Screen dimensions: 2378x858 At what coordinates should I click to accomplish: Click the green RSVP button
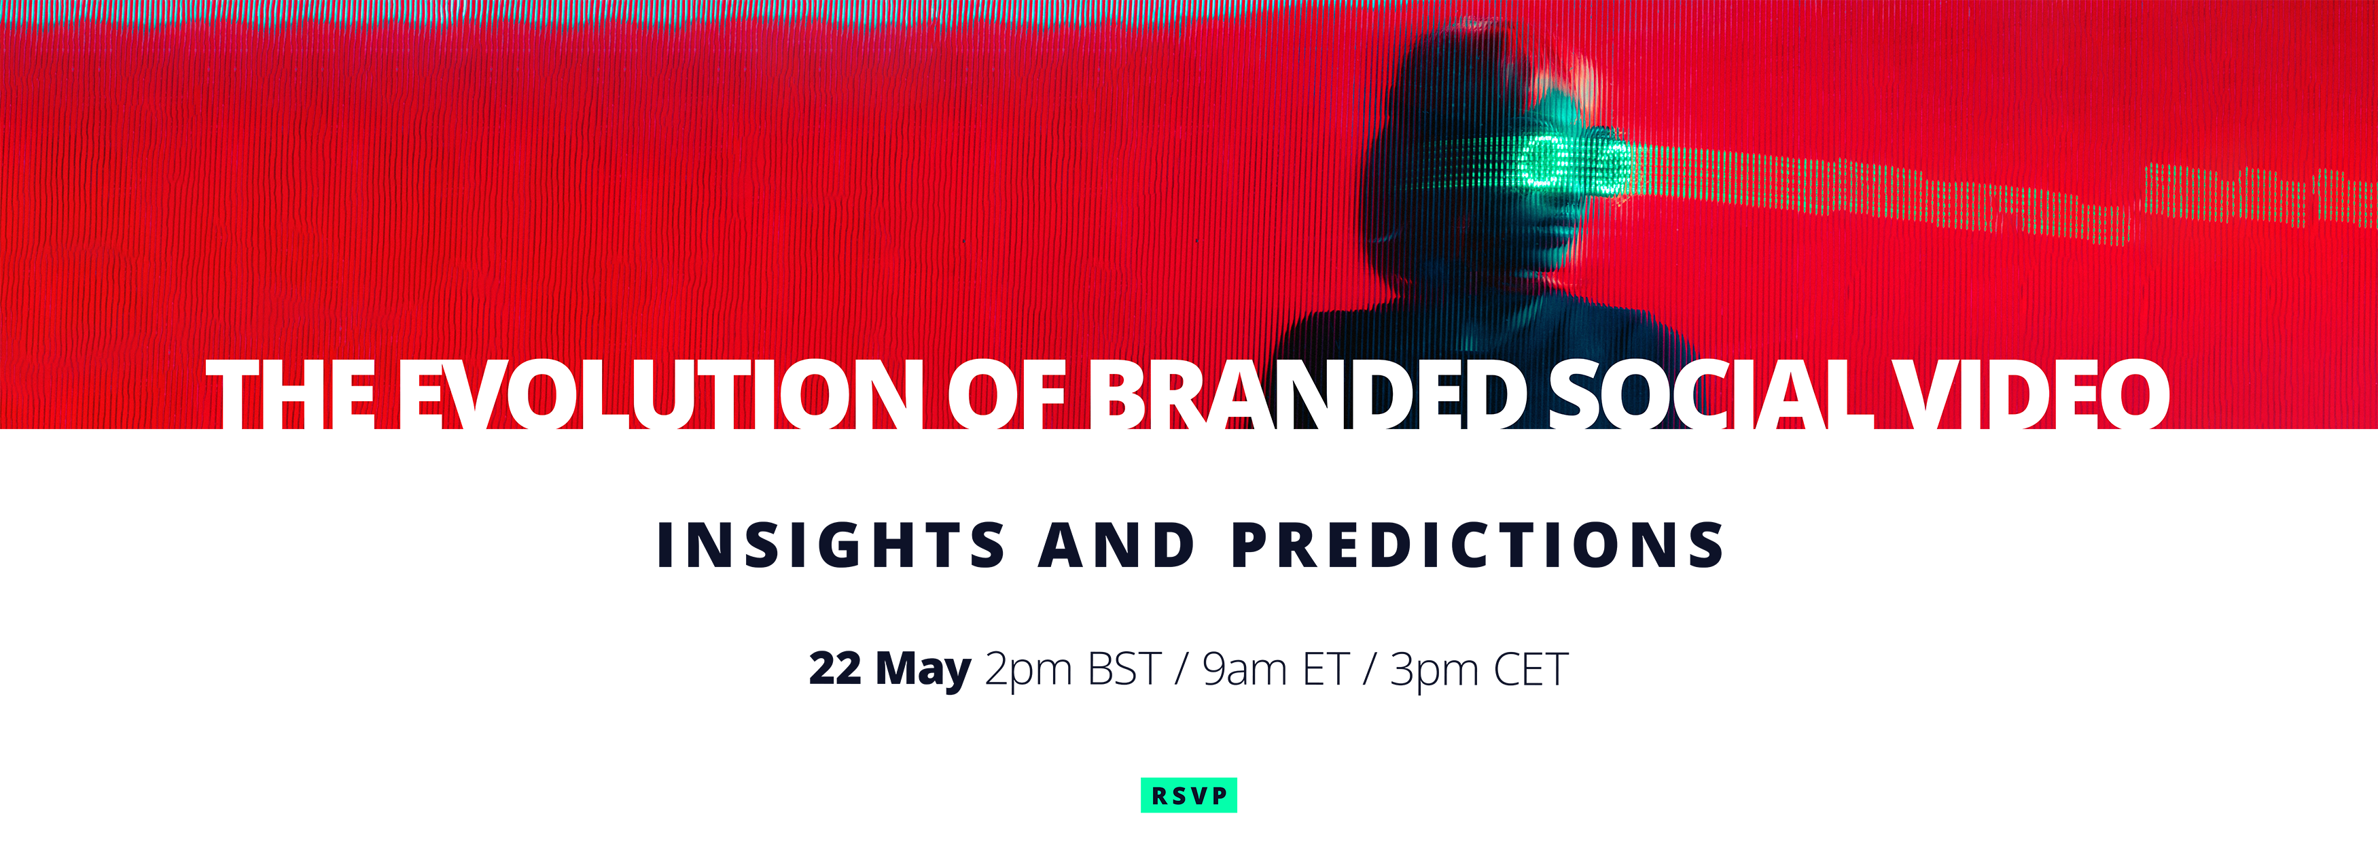coord(1189,795)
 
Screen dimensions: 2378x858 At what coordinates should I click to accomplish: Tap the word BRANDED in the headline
coord(1307,394)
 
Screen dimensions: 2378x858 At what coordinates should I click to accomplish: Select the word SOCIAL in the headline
coord(1711,394)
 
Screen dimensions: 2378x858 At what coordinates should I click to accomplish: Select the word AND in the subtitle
coord(1117,544)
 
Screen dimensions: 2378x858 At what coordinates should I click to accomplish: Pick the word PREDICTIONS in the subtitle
coord(1478,544)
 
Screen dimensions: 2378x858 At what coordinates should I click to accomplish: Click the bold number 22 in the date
coord(834,668)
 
